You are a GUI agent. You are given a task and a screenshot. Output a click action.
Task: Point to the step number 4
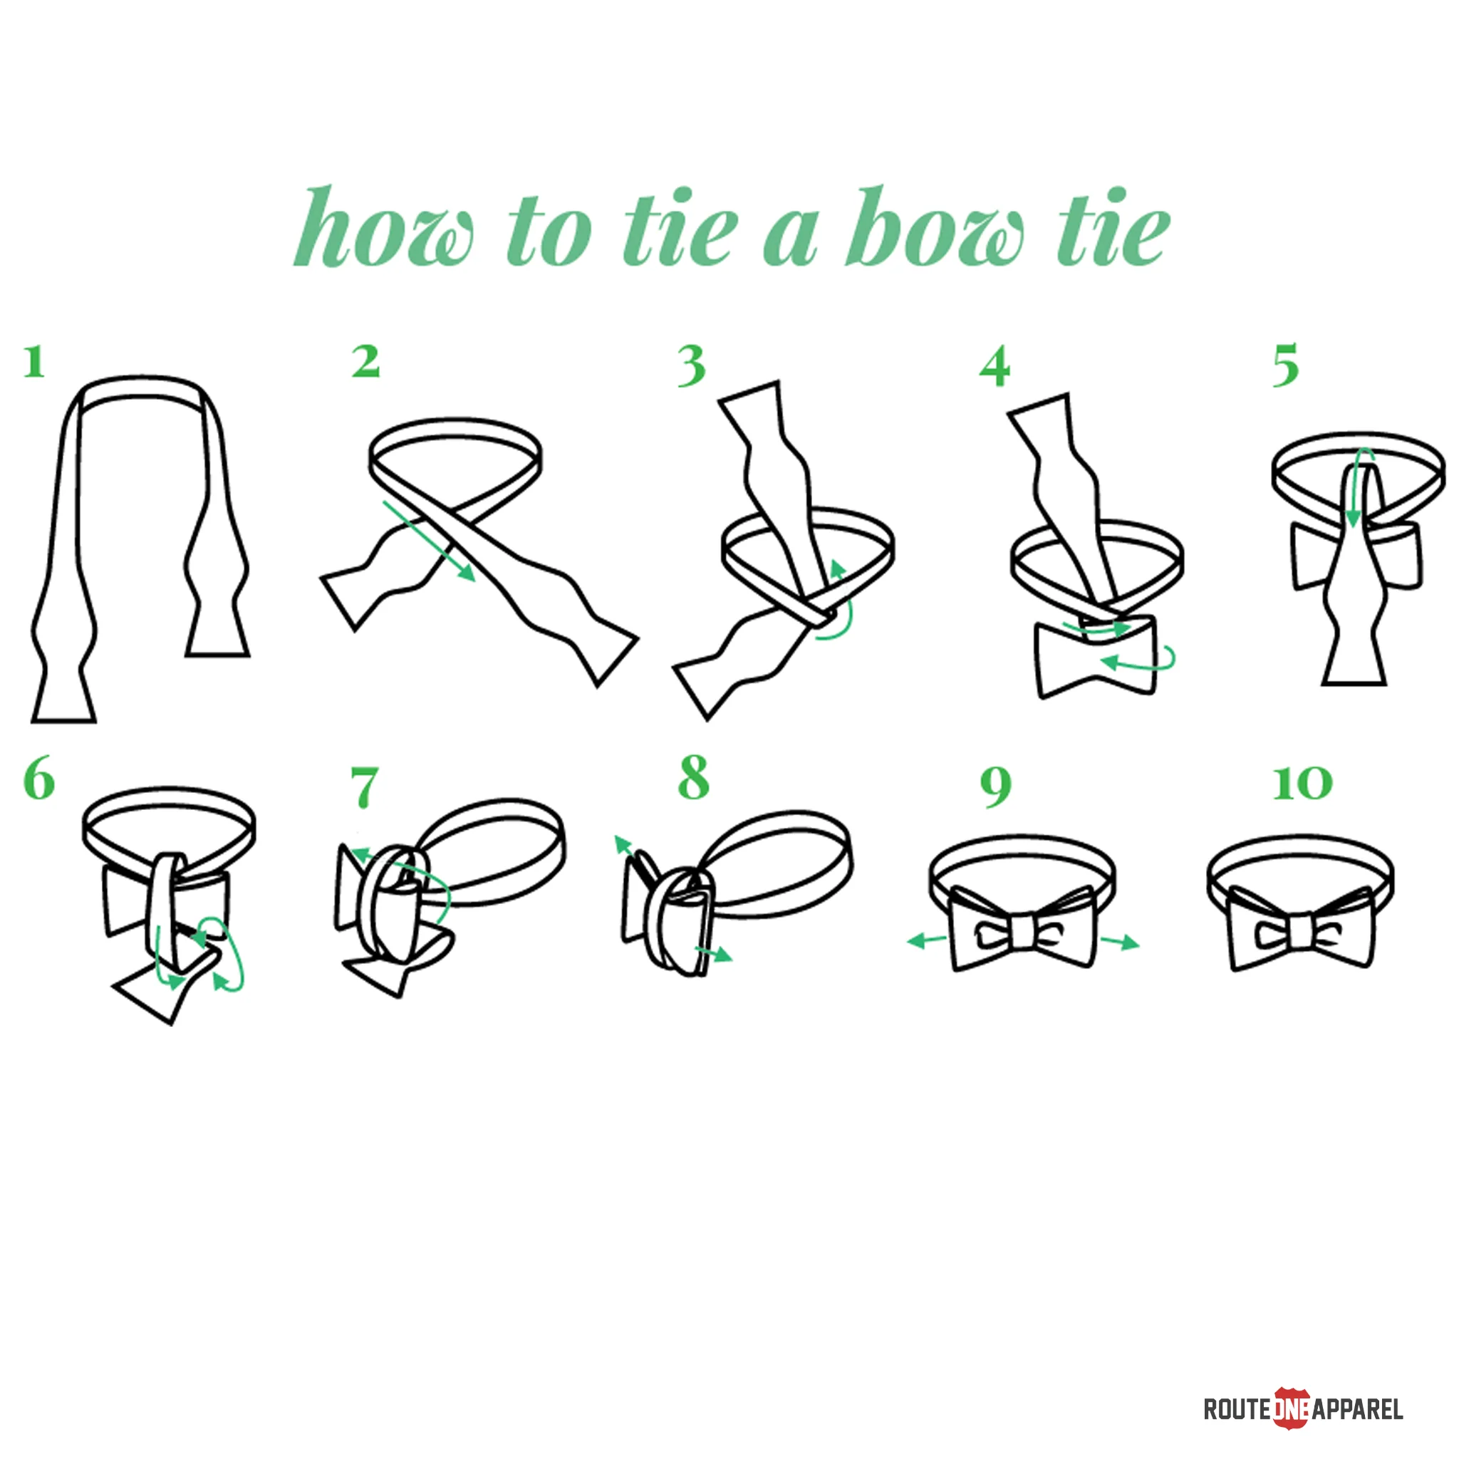(995, 366)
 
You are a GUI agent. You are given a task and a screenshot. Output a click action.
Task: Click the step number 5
(1285, 365)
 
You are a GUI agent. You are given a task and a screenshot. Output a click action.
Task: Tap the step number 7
(364, 786)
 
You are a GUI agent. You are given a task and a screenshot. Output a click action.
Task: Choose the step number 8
(694, 777)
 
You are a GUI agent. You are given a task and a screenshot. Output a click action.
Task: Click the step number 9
(996, 787)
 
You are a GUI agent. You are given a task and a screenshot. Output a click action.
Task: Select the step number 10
(1303, 783)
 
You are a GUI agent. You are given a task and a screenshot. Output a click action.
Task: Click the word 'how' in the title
(385, 226)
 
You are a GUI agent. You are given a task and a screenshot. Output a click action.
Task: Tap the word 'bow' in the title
(934, 226)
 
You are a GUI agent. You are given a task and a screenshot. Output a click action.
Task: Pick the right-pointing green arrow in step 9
(1119, 941)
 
